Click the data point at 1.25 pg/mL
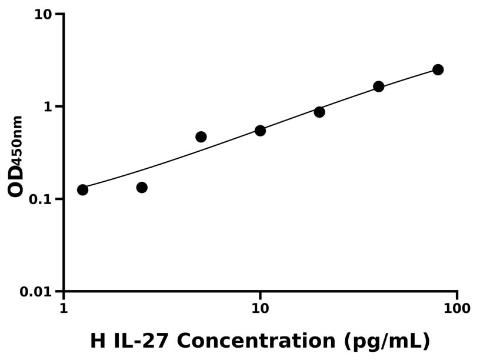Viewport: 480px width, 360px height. click(x=82, y=189)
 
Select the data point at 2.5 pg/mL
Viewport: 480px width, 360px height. click(x=142, y=187)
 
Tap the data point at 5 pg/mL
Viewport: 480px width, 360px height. click(x=201, y=136)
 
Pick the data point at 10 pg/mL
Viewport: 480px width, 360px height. click(x=260, y=130)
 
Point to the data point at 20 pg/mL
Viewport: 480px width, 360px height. click(x=319, y=112)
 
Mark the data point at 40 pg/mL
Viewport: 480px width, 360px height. click(x=379, y=86)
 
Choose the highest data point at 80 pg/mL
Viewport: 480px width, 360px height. click(x=438, y=69)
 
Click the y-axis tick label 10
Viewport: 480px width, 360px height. click(x=43, y=14)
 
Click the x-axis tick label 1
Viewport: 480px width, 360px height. click(x=64, y=309)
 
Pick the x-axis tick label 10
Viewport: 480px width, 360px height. click(x=260, y=309)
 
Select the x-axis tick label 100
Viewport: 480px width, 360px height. click(x=457, y=309)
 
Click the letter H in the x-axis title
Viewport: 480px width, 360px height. click(x=98, y=341)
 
